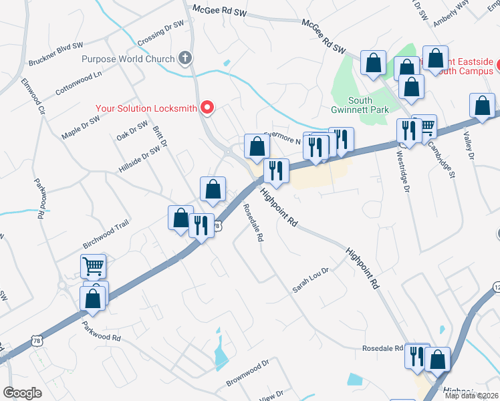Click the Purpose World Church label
click(128, 59)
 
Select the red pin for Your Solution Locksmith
click(207, 107)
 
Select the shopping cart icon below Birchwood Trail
click(93, 265)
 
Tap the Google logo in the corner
click(22, 393)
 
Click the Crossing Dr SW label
click(161, 33)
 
